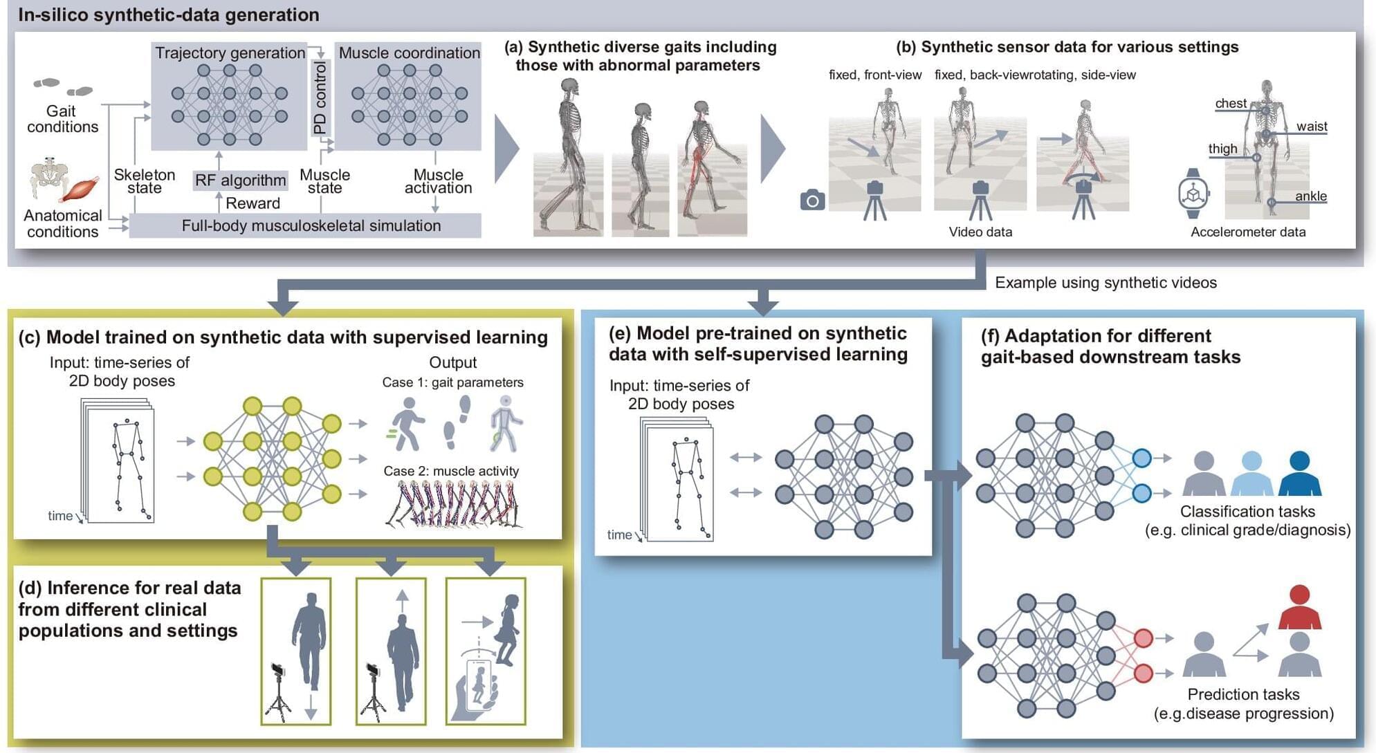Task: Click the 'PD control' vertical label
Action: click(320, 97)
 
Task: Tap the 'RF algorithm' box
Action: click(240, 180)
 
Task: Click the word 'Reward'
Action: click(253, 203)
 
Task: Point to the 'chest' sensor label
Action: click(1231, 103)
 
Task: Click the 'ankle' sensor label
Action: click(1311, 196)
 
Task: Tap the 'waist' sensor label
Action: click(1312, 126)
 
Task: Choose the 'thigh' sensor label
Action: click(1223, 149)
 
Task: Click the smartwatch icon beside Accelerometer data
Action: click(1193, 193)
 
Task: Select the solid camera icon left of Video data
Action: click(812, 200)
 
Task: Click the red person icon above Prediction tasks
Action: click(1300, 606)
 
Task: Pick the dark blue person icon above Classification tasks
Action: click(1300, 473)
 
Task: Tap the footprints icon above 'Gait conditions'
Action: click(63, 87)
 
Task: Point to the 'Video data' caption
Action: click(980, 232)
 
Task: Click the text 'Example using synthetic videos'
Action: click(1106, 282)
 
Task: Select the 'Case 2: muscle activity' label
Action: click(451, 471)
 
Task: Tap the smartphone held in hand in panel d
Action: click(479, 685)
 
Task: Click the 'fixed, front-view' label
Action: click(875, 75)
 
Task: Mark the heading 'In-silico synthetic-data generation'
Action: click(169, 15)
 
